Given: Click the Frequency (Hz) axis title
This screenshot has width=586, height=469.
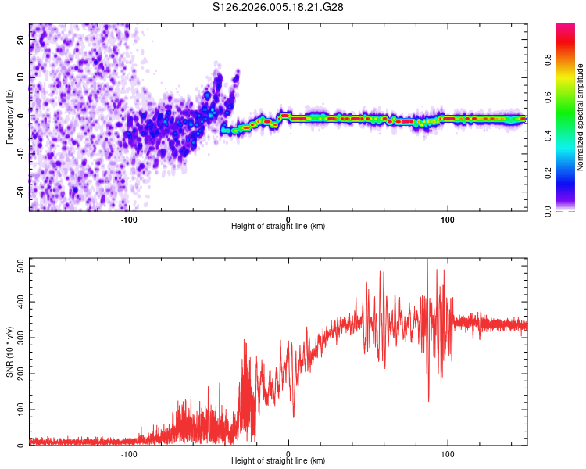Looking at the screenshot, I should [9, 117].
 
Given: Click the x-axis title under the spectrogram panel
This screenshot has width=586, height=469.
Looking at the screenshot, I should [278, 226].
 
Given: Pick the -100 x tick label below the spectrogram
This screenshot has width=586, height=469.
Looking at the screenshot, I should [129, 220].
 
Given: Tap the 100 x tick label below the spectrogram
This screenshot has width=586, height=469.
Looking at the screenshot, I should [448, 220].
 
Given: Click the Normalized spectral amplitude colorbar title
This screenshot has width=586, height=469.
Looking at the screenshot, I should [581, 117].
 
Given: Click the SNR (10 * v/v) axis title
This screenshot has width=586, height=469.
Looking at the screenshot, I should [9, 352].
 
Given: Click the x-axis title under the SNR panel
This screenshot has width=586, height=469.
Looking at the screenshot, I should [278, 460].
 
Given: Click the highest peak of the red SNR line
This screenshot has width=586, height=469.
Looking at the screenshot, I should [427, 260].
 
